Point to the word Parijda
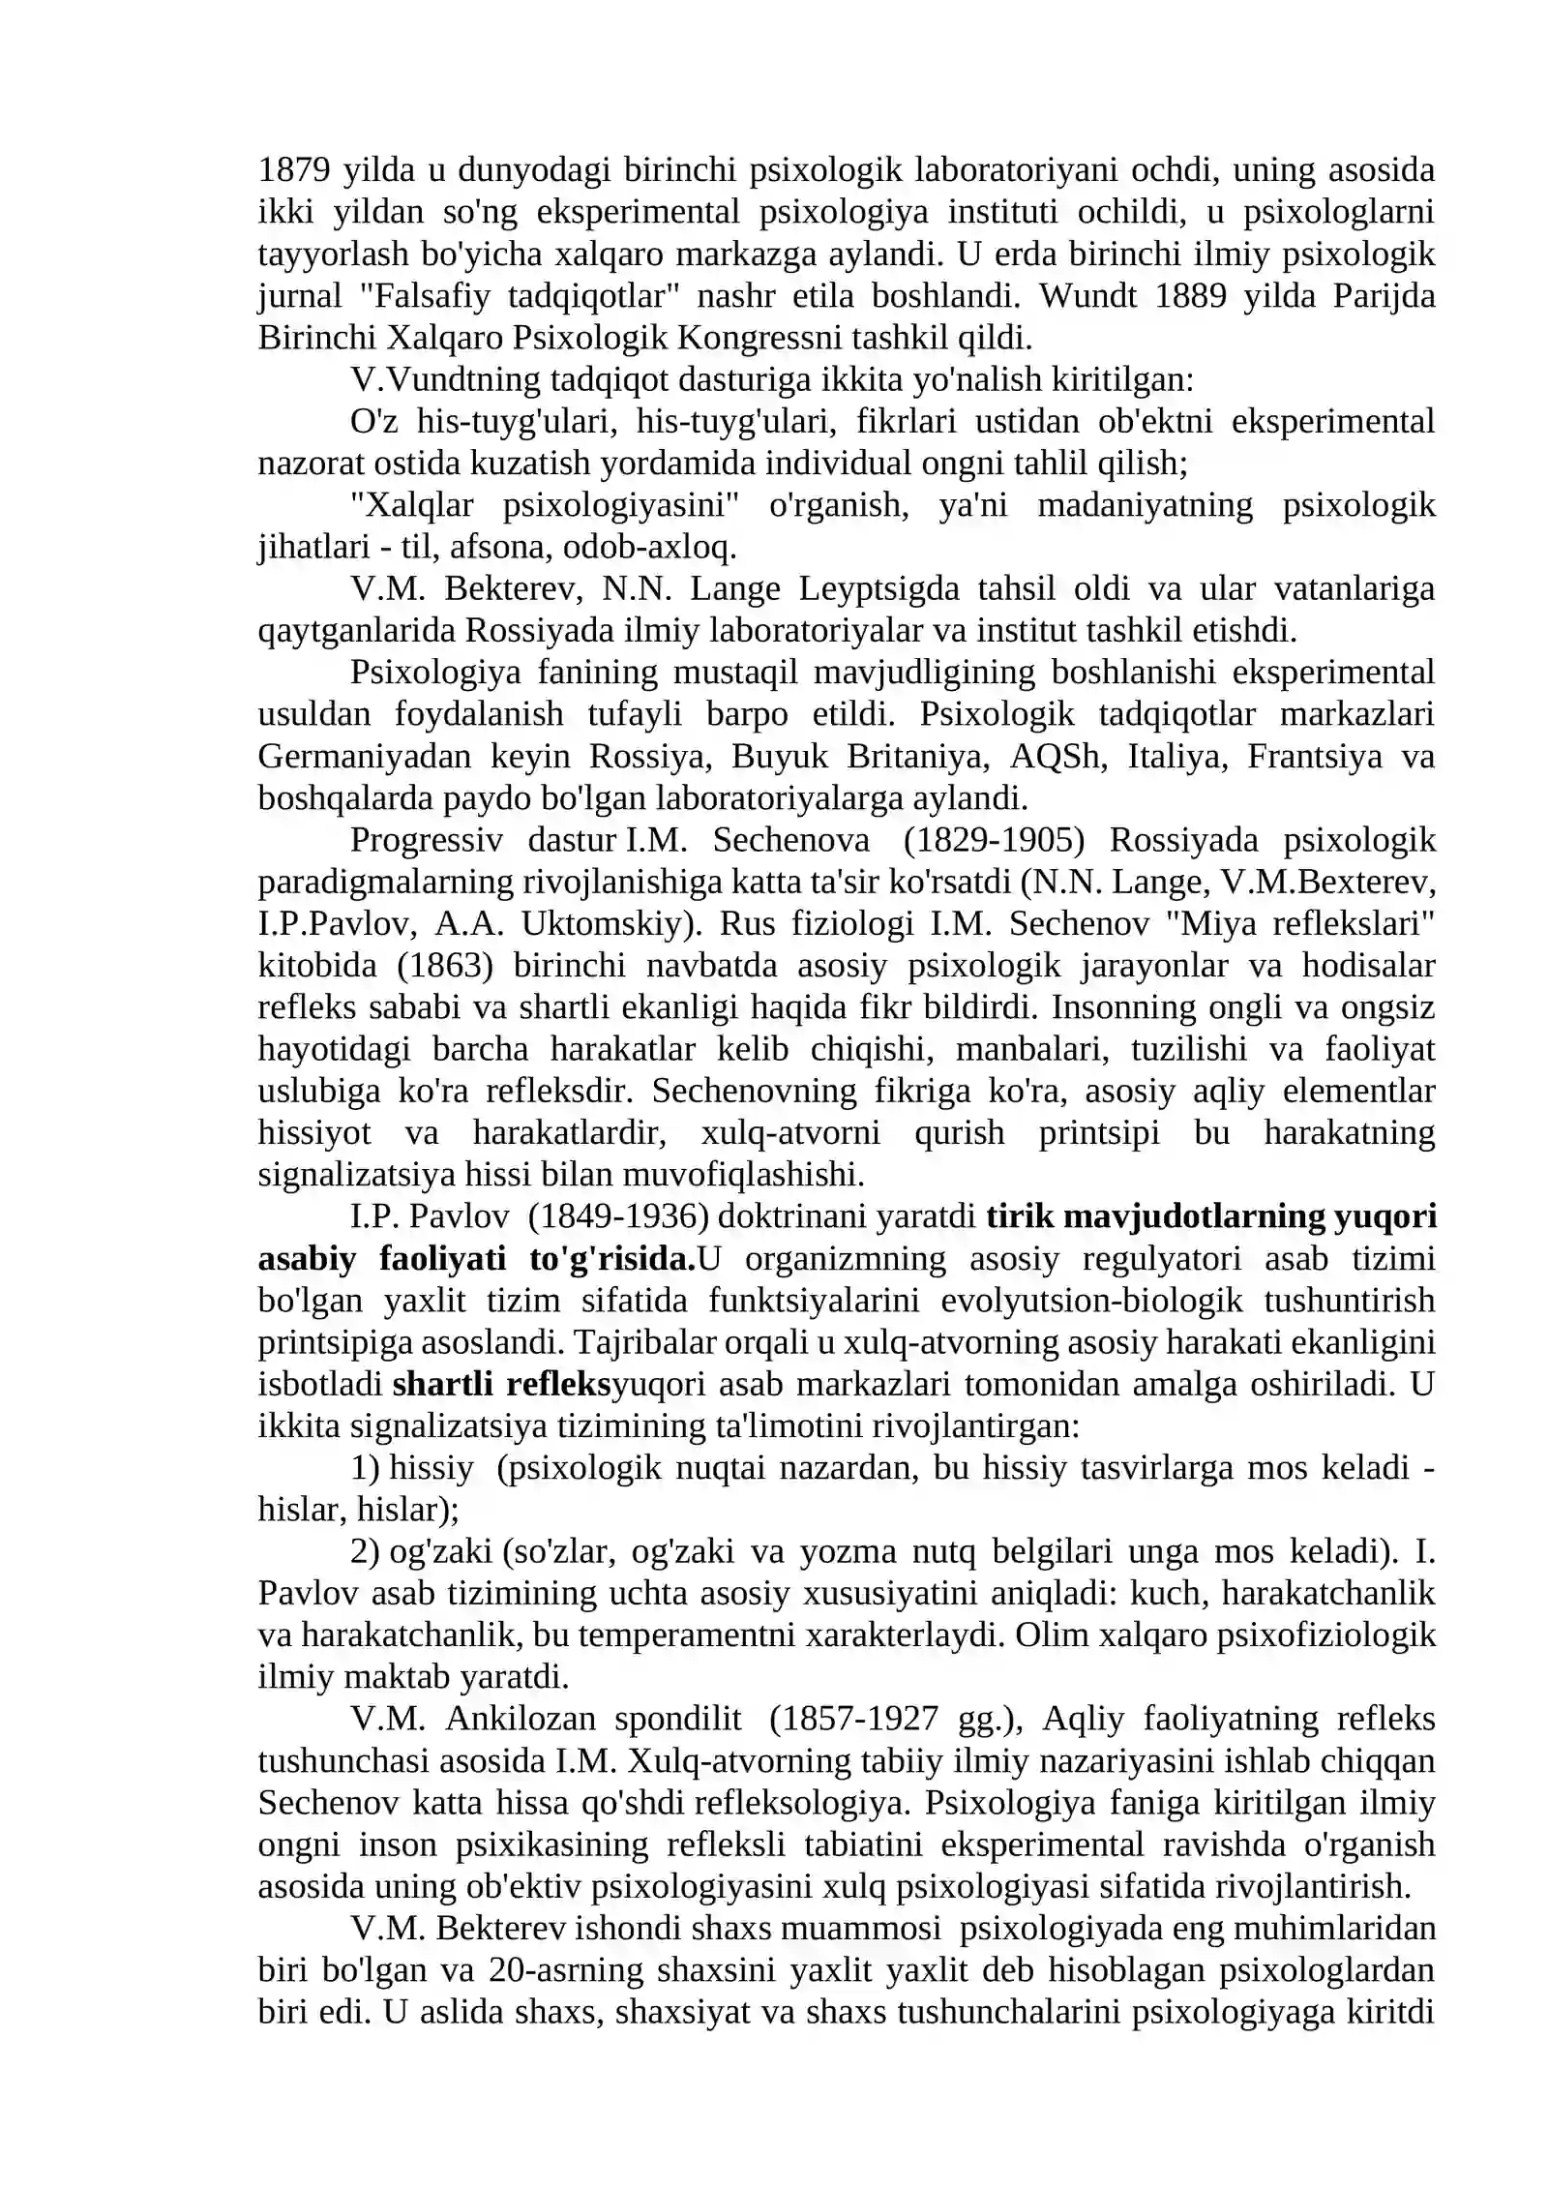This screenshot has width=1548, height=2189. point(1384,295)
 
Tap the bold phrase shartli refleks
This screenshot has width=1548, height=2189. point(501,1384)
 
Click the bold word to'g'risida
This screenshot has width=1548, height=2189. point(611,1259)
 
